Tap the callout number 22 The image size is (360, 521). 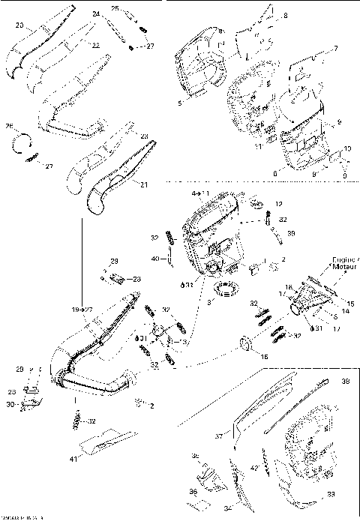pyautogui.click(x=95, y=46)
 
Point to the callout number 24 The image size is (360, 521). pyautogui.click(x=95, y=14)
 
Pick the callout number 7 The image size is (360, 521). pyautogui.click(x=335, y=49)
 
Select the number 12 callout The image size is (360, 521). pyautogui.click(x=279, y=204)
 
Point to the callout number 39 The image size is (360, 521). pyautogui.click(x=291, y=233)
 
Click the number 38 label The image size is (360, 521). pyautogui.click(x=344, y=381)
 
